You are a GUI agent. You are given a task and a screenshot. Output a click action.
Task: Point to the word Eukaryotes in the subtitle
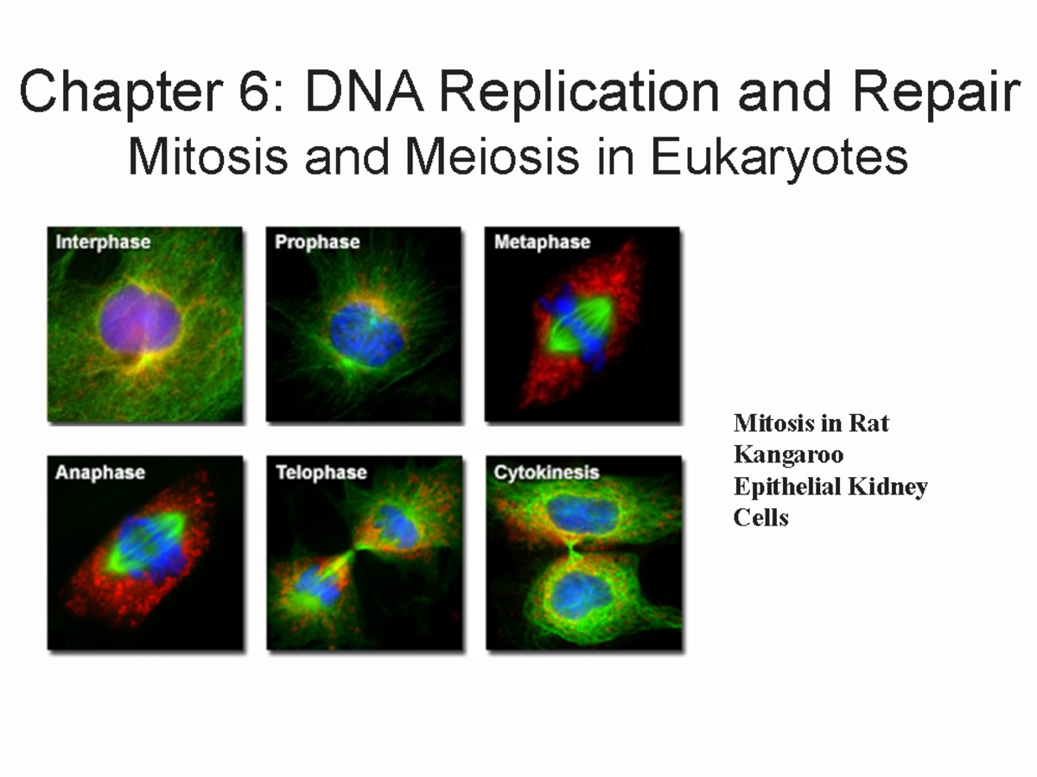click(779, 159)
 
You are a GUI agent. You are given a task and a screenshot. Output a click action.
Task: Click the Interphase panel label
click(103, 242)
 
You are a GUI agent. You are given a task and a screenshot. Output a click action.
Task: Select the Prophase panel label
click(317, 242)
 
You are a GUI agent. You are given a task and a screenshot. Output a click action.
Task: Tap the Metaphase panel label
click(542, 242)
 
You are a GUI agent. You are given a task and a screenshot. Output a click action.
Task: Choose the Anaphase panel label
click(99, 473)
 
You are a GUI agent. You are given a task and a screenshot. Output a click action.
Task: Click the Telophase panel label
click(321, 473)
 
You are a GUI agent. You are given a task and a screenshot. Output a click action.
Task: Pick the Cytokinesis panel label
click(546, 473)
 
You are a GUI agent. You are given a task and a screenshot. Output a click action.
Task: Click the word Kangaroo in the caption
click(788, 455)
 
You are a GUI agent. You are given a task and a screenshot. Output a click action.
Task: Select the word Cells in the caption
click(761, 518)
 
